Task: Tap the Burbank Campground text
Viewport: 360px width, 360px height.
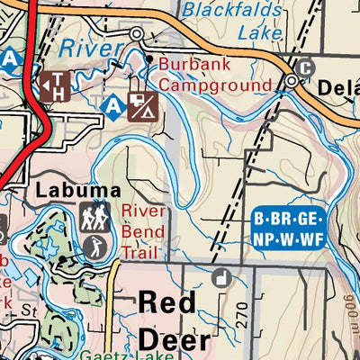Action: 214,75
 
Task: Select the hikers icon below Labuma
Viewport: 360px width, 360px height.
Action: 94,216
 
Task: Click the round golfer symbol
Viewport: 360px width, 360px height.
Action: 93,245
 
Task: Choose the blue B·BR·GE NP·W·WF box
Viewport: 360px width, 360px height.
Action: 286,227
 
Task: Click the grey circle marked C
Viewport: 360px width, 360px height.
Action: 305,68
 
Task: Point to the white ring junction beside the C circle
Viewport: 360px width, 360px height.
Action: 292,81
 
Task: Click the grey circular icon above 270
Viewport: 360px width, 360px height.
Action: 220,278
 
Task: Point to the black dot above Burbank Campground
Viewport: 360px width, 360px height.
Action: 148,58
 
